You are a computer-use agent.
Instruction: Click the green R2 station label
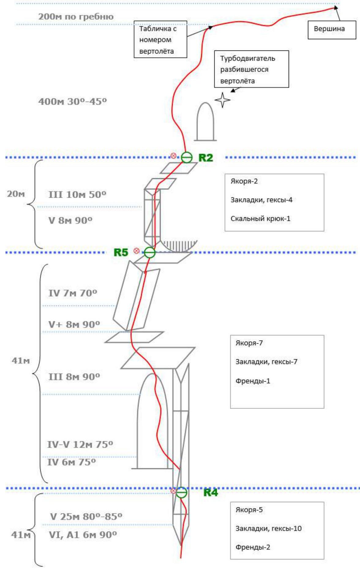(x=206, y=158)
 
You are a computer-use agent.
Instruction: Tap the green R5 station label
(x=121, y=252)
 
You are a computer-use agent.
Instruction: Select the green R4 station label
(x=211, y=492)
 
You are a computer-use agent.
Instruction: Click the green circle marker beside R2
(x=186, y=157)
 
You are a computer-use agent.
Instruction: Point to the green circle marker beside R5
(x=150, y=252)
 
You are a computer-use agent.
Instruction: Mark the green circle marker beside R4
(x=182, y=492)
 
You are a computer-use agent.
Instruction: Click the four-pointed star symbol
(x=222, y=100)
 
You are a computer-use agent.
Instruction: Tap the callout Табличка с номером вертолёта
(x=160, y=39)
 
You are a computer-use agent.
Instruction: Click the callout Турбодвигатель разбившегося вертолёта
(x=251, y=69)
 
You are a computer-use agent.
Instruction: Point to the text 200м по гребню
(x=76, y=17)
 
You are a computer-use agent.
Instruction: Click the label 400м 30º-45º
(x=73, y=102)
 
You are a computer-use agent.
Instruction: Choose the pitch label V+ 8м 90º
(x=74, y=324)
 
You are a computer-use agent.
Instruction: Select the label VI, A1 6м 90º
(x=83, y=535)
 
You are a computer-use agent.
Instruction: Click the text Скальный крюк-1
(x=260, y=218)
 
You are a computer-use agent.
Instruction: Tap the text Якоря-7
(x=249, y=343)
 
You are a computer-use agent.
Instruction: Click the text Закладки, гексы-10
(x=268, y=528)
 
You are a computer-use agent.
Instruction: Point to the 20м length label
(x=16, y=194)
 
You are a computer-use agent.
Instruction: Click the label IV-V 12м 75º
(x=80, y=444)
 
